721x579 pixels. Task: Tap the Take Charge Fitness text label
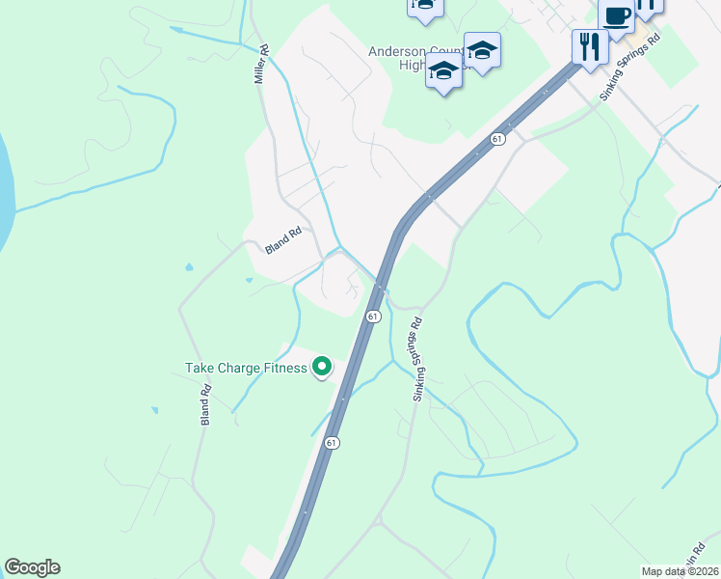(245, 368)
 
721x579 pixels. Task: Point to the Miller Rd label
(260, 63)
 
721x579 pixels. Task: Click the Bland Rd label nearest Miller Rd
(283, 240)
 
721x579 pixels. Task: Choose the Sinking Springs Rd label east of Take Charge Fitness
(418, 361)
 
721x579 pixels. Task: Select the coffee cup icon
(616, 16)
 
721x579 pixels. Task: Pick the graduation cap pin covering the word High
(443, 72)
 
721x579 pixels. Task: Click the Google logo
(32, 567)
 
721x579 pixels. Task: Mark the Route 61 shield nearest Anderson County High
(496, 139)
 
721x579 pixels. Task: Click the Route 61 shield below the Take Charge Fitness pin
(332, 443)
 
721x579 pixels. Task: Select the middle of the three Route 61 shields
(373, 316)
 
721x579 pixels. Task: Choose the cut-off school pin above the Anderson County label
(425, 7)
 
